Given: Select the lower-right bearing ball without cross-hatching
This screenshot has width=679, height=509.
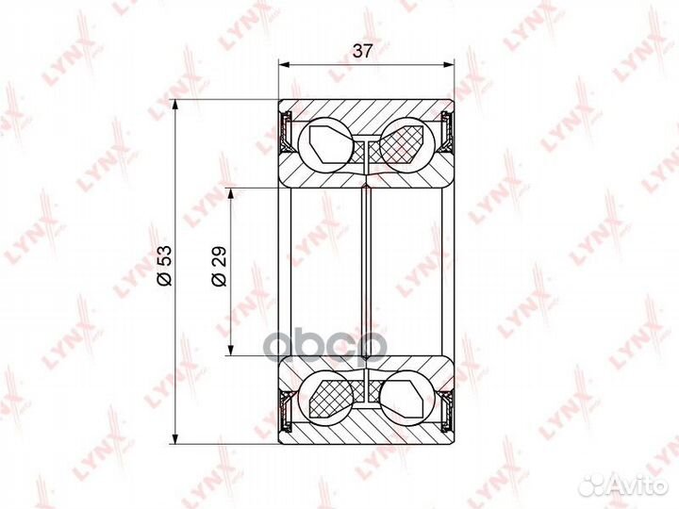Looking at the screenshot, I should click(x=405, y=396).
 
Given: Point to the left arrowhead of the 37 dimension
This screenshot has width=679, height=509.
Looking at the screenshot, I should click(x=283, y=64).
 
